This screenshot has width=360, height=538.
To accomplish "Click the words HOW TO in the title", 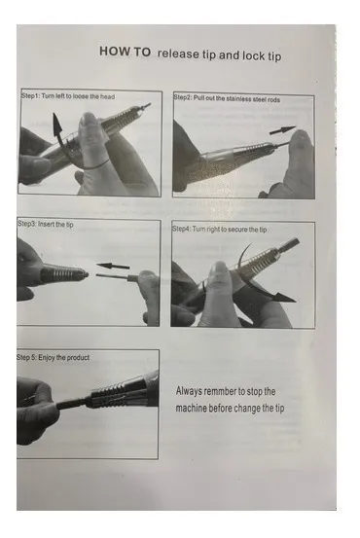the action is [125, 52].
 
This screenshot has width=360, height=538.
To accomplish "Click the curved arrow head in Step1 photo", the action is [56, 124].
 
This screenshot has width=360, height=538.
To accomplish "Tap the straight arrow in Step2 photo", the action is [282, 130].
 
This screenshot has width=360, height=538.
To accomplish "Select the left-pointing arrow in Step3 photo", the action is [113, 266].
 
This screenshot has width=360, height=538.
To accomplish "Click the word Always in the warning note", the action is [189, 391].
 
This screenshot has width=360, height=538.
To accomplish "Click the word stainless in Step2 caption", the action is [238, 99].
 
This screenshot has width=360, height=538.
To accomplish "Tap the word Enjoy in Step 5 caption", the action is [47, 357].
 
